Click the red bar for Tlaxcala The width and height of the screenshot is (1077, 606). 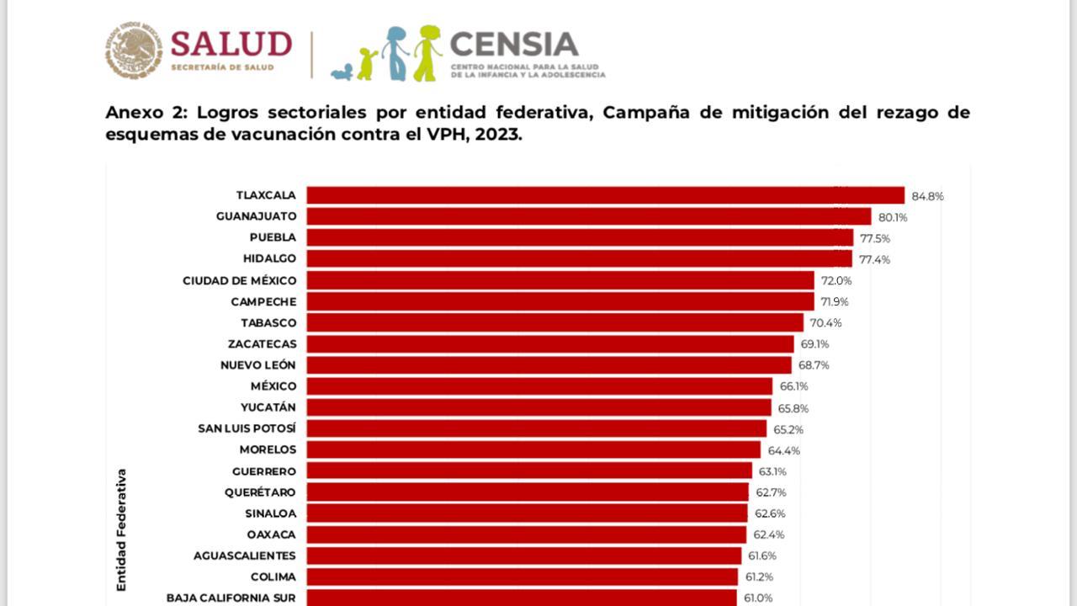click(605, 195)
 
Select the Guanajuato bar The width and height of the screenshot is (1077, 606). click(589, 216)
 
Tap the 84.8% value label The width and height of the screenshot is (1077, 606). click(928, 196)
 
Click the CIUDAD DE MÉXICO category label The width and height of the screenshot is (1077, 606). click(239, 280)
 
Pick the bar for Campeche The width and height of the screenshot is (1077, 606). click(560, 301)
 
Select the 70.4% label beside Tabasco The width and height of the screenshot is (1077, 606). click(825, 322)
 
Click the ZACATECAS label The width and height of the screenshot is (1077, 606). click(262, 343)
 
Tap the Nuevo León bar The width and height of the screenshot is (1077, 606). click(549, 365)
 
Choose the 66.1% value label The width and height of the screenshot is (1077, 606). click(793, 386)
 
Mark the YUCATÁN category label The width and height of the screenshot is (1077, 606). click(268, 407)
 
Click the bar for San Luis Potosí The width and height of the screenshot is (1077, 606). click(537, 428)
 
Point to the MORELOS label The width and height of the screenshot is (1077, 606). click(268, 449)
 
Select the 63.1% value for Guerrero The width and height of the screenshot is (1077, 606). click(772, 471)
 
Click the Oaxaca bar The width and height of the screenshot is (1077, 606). click(526, 534)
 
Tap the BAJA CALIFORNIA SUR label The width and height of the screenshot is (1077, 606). click(231, 598)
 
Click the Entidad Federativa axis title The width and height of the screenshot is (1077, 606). click(121, 529)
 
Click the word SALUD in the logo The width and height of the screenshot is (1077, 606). click(231, 44)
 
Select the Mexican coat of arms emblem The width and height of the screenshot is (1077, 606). click(134, 51)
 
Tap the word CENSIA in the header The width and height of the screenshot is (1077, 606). click(514, 44)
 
